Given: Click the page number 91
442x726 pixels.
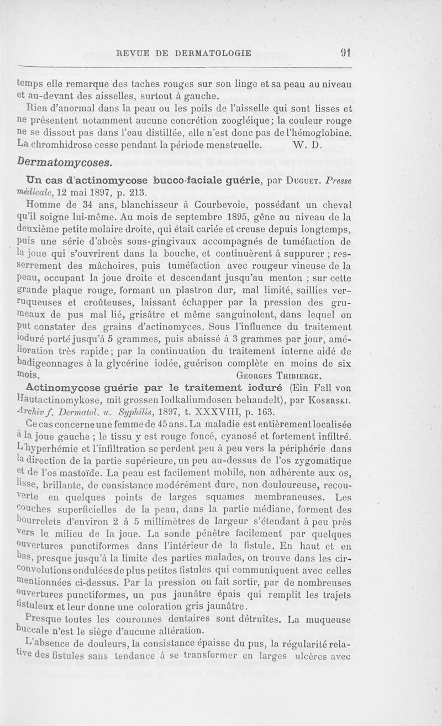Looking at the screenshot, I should coord(347,53).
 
